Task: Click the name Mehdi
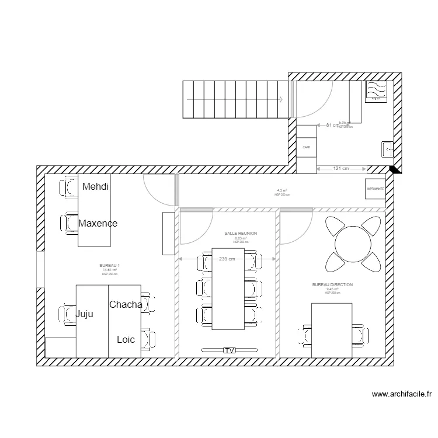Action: click(x=96, y=187)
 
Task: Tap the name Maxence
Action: click(x=98, y=223)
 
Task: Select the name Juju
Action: click(x=85, y=314)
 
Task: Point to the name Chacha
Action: click(x=126, y=304)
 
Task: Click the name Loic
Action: click(x=126, y=339)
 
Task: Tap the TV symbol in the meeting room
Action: click(x=229, y=350)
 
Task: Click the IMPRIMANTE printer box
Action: click(x=376, y=189)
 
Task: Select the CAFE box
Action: click(x=306, y=148)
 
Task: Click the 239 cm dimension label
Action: click(x=227, y=259)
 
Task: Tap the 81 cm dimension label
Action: click(x=332, y=125)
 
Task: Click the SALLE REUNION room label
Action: click(x=241, y=233)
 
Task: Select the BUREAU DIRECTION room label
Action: click(x=332, y=284)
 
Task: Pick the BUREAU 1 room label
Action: click(x=110, y=265)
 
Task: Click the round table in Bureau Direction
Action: click(x=353, y=242)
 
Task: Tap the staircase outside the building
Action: click(x=236, y=99)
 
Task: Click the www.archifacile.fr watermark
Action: click(x=402, y=395)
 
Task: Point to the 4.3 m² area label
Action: click(x=282, y=190)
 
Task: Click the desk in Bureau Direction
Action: click(x=332, y=331)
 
